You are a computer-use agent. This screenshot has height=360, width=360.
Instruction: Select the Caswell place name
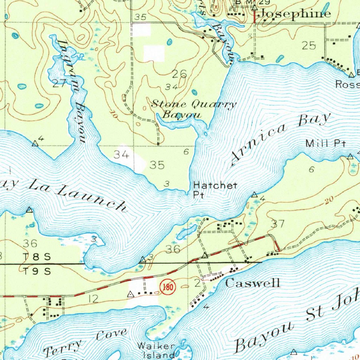click(x=252, y=283)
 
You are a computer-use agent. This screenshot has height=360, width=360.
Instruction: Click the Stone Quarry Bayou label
click(x=193, y=109)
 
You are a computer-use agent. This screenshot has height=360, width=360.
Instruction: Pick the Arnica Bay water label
click(x=281, y=139)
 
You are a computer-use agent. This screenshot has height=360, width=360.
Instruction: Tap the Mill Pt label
click(x=326, y=143)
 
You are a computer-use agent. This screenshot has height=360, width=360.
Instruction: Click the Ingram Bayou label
click(x=72, y=91)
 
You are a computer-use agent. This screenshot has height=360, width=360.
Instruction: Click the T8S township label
click(x=37, y=257)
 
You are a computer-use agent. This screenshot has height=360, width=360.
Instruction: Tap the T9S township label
click(x=37, y=271)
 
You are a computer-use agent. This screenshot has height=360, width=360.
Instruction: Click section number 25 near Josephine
click(x=309, y=45)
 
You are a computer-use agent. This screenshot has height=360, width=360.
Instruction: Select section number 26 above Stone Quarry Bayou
click(x=179, y=74)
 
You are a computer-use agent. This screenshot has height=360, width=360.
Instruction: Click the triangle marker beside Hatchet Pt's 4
click(x=254, y=195)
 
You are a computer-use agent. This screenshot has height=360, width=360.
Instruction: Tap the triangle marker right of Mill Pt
click(x=350, y=156)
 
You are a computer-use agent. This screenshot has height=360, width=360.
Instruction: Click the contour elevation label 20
click(x=329, y=201)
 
